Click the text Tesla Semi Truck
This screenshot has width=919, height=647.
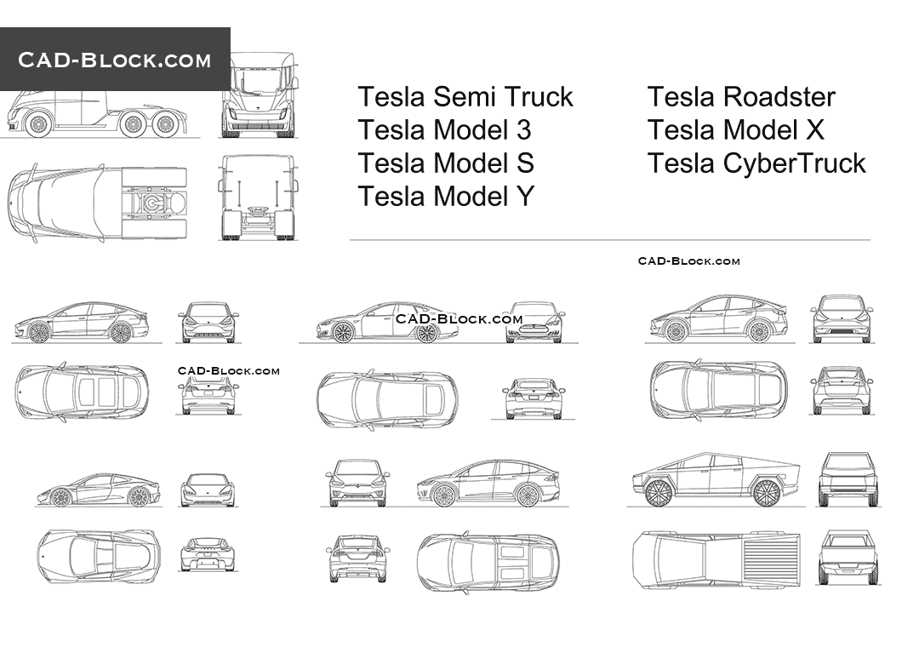tap(465, 97)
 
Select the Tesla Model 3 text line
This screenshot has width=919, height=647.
tap(444, 130)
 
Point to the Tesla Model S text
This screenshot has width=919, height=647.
tap(446, 163)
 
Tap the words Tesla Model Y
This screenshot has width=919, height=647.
tap(446, 197)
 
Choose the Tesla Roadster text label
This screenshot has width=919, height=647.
tap(741, 97)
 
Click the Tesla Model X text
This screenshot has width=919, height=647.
tap(736, 130)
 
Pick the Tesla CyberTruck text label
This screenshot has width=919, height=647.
tap(756, 163)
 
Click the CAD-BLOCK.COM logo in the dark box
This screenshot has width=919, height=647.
tap(115, 60)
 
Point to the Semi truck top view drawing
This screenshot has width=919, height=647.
tap(98, 203)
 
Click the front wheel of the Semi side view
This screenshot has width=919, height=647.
tap(37, 125)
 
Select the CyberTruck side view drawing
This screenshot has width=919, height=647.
tap(716, 480)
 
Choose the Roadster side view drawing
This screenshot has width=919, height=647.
tap(98, 490)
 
